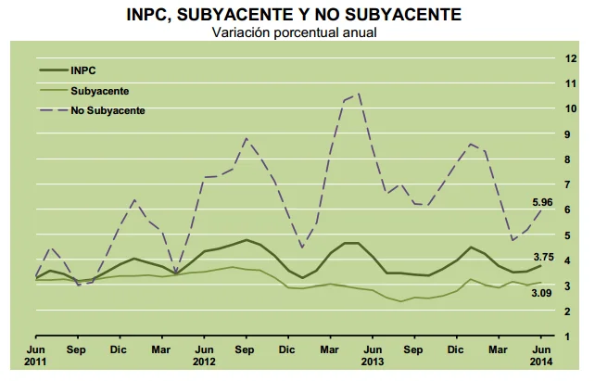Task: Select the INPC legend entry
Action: coord(82,70)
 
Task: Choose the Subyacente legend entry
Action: coord(99,91)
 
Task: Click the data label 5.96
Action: coord(542,202)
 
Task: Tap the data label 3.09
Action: coord(542,293)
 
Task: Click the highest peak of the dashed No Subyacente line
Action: coord(358,93)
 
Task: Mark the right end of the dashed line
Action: coord(541,210)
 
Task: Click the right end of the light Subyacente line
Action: coord(541,283)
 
